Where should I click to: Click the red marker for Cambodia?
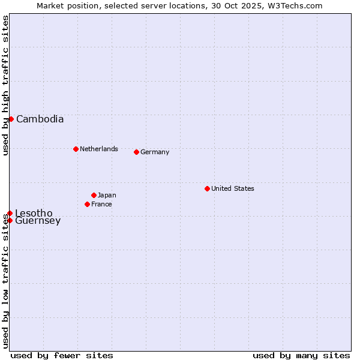click(x=11, y=119)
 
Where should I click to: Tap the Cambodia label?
click(x=40, y=119)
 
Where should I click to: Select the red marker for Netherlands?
click(x=76, y=149)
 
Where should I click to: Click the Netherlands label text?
click(x=98, y=149)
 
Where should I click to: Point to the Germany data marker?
click(x=136, y=152)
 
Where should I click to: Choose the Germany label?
click(x=155, y=152)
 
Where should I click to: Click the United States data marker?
click(x=207, y=188)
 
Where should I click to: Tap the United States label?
click(x=232, y=188)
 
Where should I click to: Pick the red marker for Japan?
click(x=94, y=195)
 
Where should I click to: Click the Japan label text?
click(x=107, y=195)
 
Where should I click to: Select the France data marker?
click(x=87, y=204)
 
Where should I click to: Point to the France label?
click(x=101, y=204)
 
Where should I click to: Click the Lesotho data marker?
click(x=10, y=213)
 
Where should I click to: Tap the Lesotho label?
click(x=34, y=213)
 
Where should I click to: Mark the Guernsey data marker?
click(x=10, y=220)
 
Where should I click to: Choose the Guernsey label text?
click(x=38, y=221)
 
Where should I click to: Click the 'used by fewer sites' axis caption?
click(x=62, y=355)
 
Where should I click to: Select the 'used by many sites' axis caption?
click(x=301, y=355)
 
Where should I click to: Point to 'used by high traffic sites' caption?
click(x=5, y=85)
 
